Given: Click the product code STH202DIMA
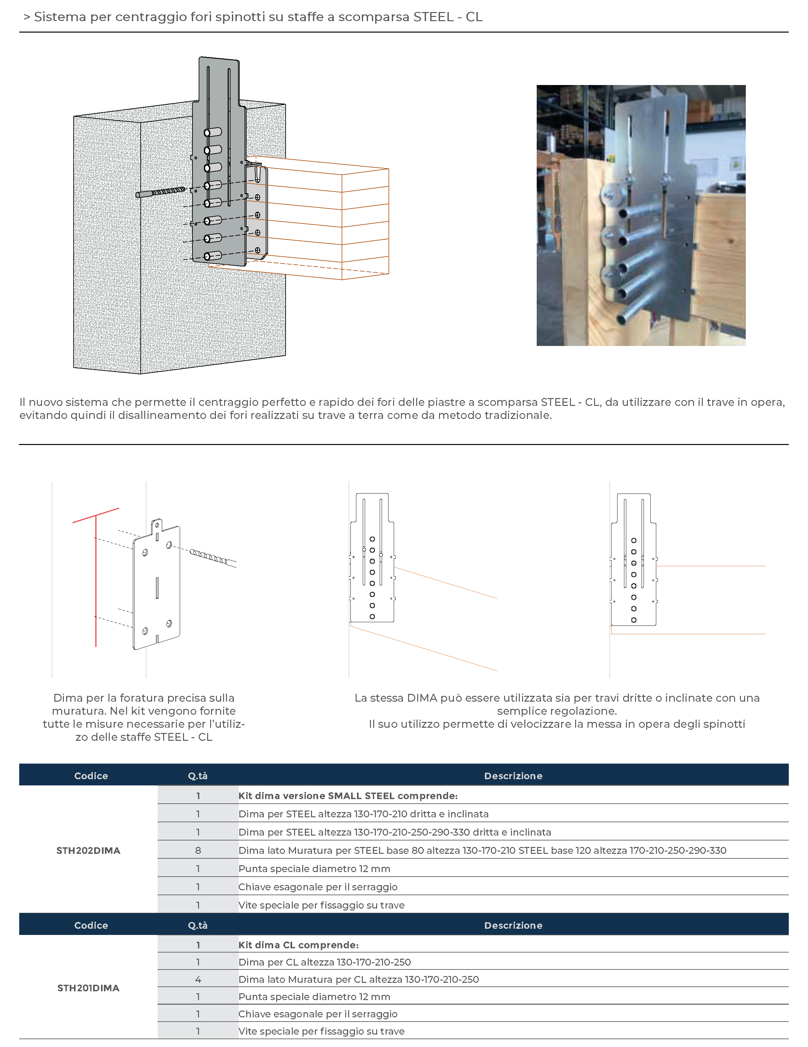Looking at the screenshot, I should [x=88, y=851].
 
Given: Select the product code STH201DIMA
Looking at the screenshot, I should [x=88, y=988].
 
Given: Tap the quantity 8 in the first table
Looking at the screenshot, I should [x=198, y=851].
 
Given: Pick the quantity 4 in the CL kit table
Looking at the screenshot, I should [x=198, y=980].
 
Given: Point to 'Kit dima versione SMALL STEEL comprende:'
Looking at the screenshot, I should [x=348, y=796].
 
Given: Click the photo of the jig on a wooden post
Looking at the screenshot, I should [x=641, y=215].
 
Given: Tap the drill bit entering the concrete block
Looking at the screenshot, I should [x=161, y=192].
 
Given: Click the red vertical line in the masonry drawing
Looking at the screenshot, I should [x=96, y=580].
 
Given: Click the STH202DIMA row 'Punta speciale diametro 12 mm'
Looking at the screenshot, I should [x=314, y=869].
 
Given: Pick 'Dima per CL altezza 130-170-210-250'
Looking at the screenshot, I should [x=324, y=962].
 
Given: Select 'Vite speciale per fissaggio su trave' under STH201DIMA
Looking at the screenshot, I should [x=321, y=1031].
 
